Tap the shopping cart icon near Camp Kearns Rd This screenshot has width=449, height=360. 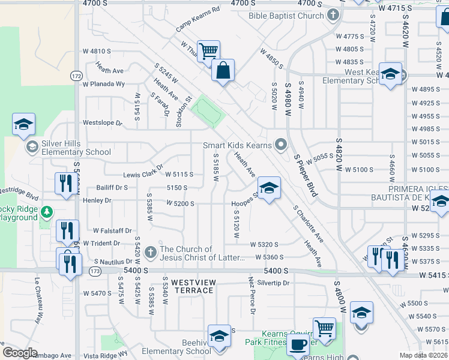(208, 52)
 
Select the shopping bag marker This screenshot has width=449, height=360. (223, 70)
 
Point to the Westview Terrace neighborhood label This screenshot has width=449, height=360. (192, 286)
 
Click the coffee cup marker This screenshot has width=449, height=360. (298, 345)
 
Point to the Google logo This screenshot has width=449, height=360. (20, 352)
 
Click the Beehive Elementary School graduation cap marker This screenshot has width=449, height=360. (220, 336)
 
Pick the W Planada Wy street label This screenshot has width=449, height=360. (104, 85)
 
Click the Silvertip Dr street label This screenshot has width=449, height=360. (273, 283)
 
